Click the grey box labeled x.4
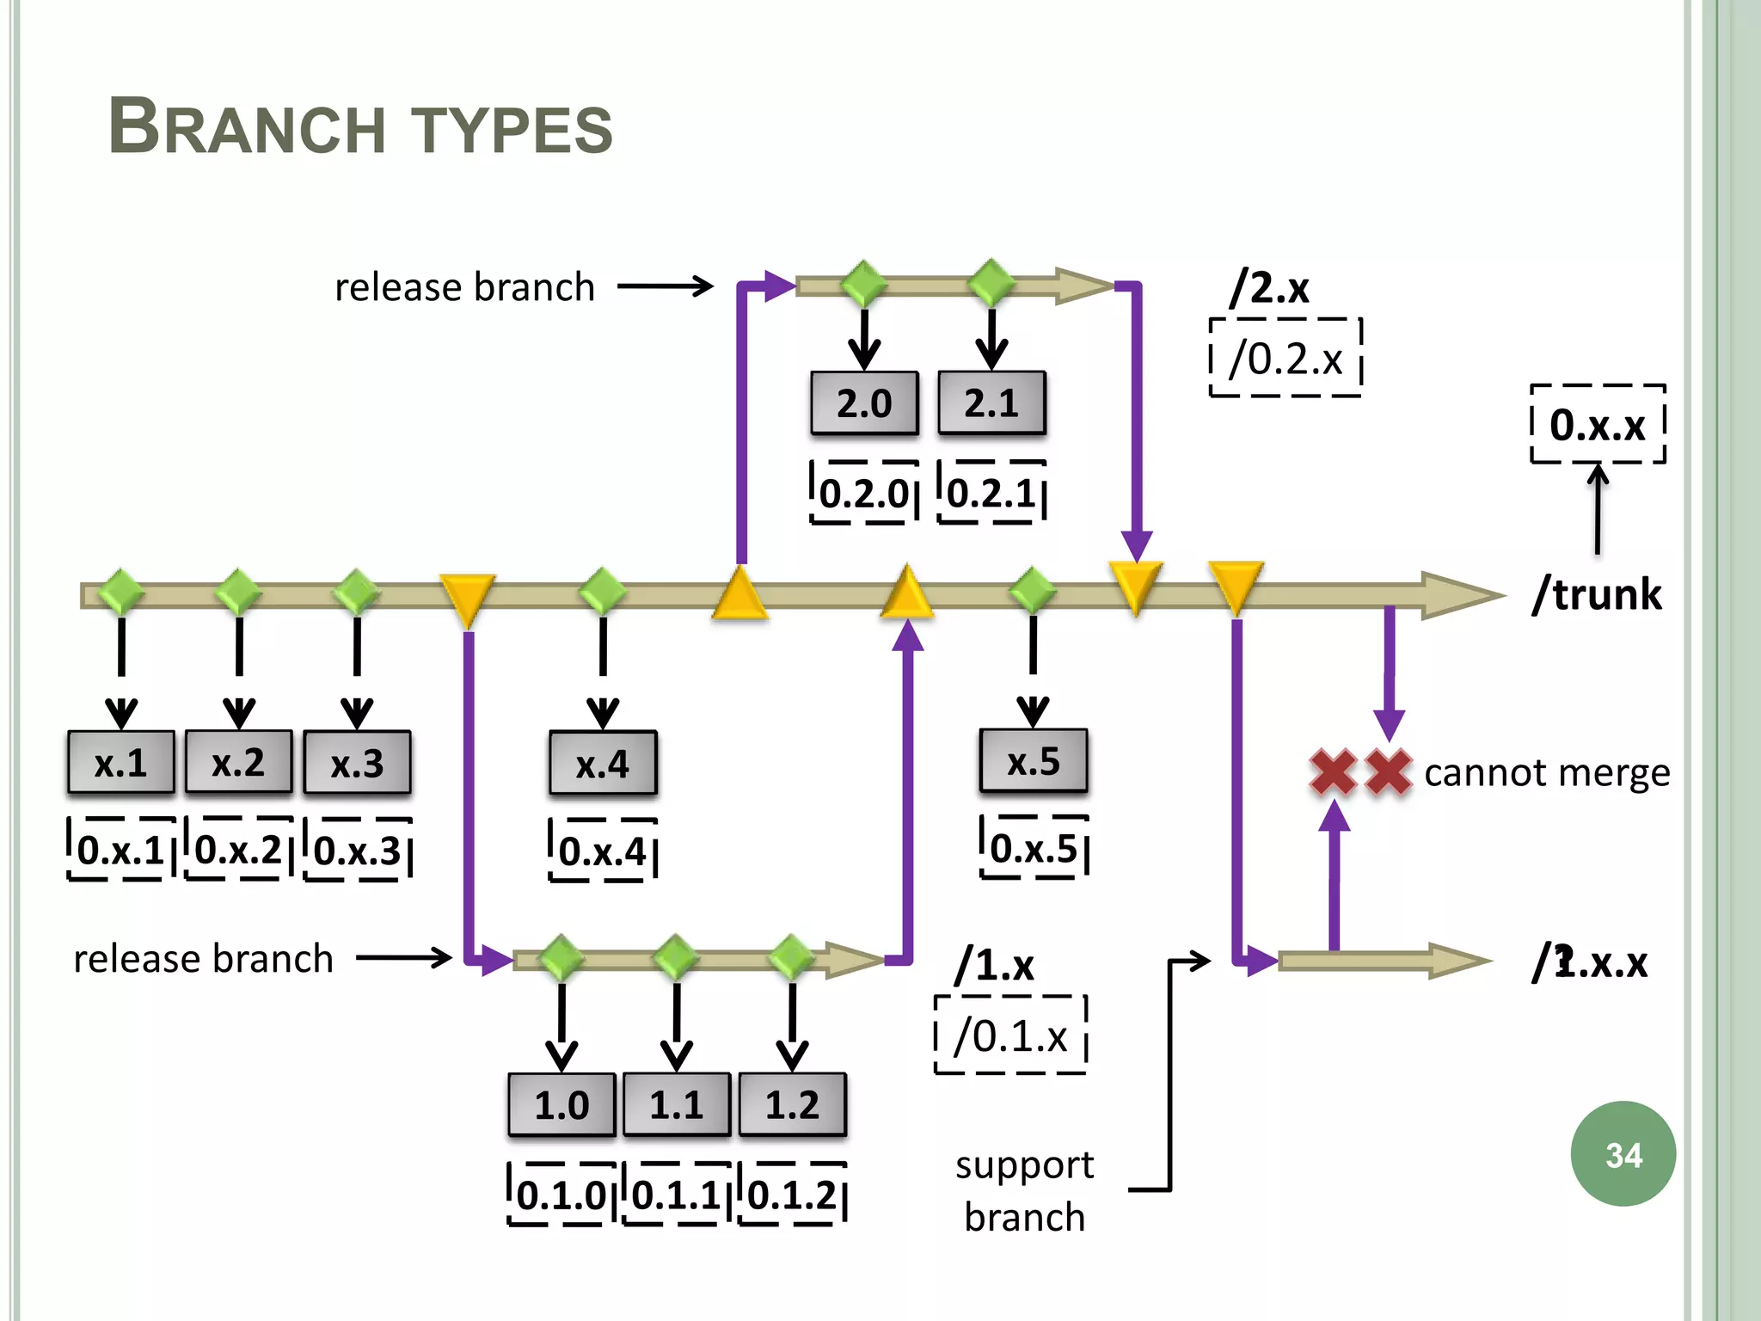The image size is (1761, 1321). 603,764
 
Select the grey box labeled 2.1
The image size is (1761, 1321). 991,403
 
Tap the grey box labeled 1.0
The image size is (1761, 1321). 561,1105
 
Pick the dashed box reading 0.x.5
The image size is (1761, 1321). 1034,849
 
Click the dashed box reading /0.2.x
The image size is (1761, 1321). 1285,358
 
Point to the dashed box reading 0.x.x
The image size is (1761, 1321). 1598,424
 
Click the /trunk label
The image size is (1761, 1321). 1597,594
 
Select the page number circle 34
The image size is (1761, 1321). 1623,1154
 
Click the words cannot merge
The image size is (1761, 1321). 1546,772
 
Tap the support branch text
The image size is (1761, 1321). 1024,1190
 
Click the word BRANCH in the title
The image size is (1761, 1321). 246,127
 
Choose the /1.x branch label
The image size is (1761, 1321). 995,965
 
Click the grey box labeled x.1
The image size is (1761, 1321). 121,763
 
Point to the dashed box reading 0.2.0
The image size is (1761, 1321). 864,493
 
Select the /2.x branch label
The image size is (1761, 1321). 1270,287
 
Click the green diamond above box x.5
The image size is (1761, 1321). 1033,591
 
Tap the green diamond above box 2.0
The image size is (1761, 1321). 864,284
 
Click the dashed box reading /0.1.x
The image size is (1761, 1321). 1010,1035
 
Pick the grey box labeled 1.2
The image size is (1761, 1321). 792,1105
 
